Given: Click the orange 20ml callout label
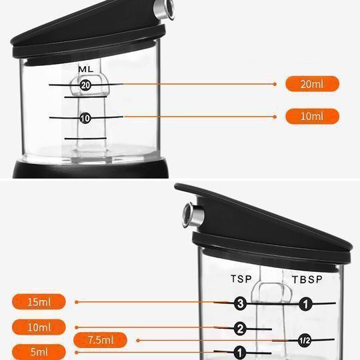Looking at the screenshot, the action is tap(312, 84).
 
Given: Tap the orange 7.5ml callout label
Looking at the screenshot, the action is tap(100, 340).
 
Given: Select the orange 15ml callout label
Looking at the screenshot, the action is tap(39, 302).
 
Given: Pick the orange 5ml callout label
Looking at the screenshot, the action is tap(39, 352).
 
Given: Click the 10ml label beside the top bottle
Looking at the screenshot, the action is tap(312, 117).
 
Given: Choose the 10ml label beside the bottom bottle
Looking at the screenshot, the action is tap(39, 327).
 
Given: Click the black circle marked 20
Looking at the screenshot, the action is tap(85, 85).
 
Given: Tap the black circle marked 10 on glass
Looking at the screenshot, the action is tap(85, 118).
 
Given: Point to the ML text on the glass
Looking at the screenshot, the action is tap(85, 69).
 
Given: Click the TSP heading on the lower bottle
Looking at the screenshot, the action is tap(241, 279).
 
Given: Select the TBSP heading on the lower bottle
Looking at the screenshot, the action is tap(307, 279).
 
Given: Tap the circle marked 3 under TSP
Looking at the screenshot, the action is tap(241, 303).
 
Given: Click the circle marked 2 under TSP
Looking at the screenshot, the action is tap(240, 329).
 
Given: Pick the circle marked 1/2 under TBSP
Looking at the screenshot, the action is tap(305, 341).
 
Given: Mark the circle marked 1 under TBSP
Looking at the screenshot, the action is tap(305, 304).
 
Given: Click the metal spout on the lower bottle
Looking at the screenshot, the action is tap(193, 215).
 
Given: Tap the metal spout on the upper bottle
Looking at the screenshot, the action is tap(165, 9).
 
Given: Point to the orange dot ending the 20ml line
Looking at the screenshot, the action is tap(275, 84).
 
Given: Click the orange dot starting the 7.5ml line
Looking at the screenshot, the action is tap(138, 341).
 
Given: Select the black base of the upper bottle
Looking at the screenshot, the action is tap(91, 169).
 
